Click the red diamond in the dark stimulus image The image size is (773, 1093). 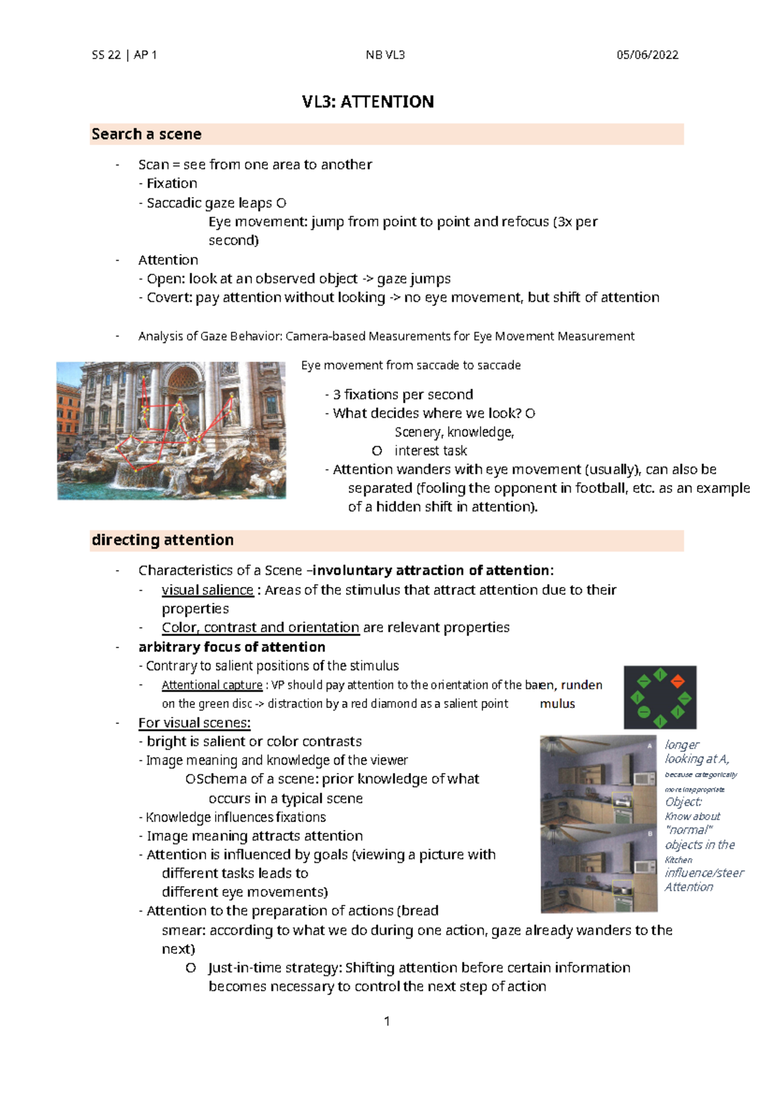click(x=678, y=681)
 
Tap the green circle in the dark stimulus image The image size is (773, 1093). click(x=644, y=712)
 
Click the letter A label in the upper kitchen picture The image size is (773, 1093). click(x=649, y=746)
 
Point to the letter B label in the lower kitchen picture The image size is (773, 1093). click(x=650, y=834)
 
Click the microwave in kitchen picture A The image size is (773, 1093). click(x=644, y=778)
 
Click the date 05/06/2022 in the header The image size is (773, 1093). click(x=647, y=55)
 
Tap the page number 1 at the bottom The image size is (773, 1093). click(x=386, y=1021)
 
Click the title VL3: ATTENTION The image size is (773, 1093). click(x=368, y=102)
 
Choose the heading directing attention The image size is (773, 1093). click(x=162, y=539)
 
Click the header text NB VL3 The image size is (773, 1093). click(x=385, y=55)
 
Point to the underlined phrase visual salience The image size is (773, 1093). click(x=207, y=590)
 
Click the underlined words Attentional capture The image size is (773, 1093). click(x=212, y=685)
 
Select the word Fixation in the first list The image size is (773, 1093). click(x=171, y=183)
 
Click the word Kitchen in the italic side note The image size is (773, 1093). click(x=678, y=859)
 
